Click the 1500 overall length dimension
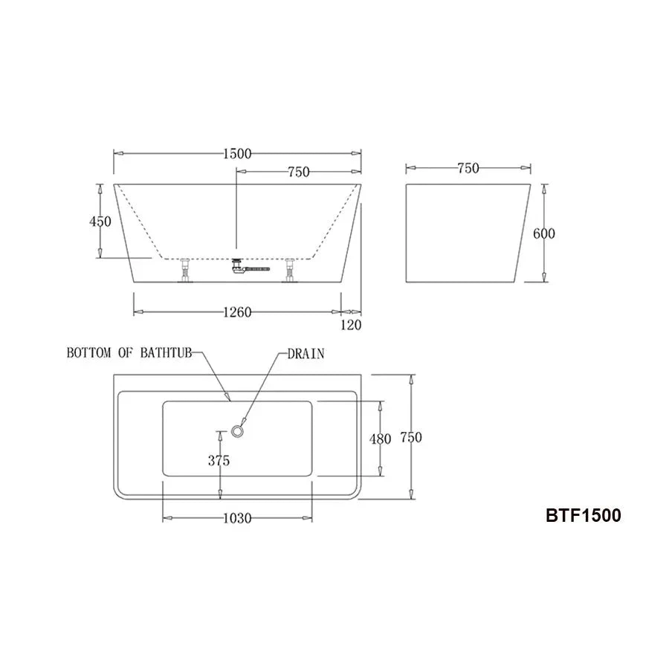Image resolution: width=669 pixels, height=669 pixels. click(236, 154)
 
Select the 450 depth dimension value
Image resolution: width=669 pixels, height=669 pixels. click(100, 222)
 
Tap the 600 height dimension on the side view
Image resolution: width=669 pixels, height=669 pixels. click(544, 233)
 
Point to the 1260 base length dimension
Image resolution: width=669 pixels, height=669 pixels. click(236, 312)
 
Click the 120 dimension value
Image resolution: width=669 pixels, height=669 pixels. click(351, 324)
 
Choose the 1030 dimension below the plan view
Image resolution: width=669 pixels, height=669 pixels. click(236, 517)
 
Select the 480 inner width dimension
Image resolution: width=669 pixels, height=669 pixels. click(380, 439)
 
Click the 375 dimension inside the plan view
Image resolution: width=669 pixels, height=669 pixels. click(219, 461)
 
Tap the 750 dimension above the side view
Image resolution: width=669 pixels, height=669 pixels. click(468, 169)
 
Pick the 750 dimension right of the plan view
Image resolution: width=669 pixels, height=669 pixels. click(411, 438)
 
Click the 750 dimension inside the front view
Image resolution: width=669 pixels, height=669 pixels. click(298, 172)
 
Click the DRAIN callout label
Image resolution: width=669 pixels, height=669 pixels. click(306, 354)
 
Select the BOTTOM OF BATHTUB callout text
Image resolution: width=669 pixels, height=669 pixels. click(129, 353)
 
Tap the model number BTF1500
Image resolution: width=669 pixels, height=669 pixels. click(584, 515)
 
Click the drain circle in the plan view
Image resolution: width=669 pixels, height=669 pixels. click(239, 430)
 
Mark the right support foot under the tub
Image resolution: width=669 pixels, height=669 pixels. click(289, 271)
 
